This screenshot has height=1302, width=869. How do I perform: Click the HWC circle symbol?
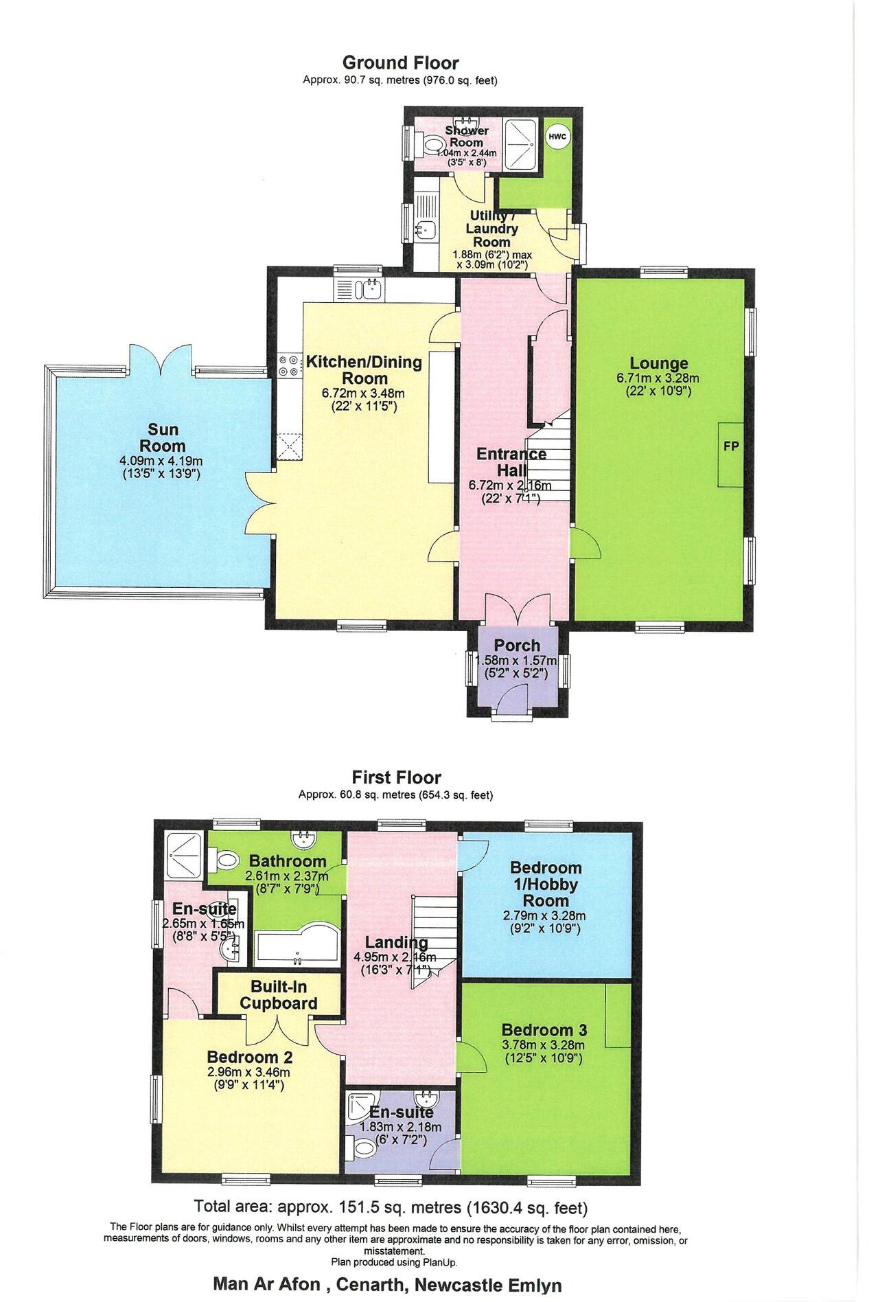coord(557,137)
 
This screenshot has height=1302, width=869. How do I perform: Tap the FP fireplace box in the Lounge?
coord(730,446)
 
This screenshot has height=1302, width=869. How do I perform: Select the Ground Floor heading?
coord(400,63)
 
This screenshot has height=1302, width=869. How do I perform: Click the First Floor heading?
coord(396,777)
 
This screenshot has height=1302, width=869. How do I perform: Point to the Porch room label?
coord(517,646)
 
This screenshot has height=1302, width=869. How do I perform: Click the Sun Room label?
coord(163,437)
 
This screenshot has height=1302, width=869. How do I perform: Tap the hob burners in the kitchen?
coord(288,365)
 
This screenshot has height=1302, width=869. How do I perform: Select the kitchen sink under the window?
coord(371,289)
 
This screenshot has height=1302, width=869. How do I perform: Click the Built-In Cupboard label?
coord(278,995)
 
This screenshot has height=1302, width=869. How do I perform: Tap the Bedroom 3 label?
coord(544,1030)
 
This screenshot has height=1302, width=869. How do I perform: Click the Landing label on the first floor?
coord(386,942)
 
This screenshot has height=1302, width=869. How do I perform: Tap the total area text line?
coord(391,1207)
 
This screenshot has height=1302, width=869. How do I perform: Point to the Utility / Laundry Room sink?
coord(427,229)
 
